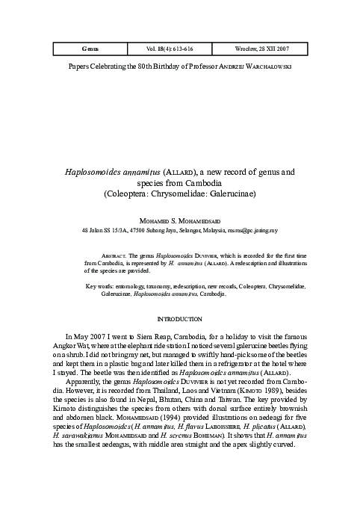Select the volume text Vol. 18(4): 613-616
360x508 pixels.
coord(177,49)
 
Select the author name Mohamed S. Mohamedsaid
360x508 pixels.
coord(179,221)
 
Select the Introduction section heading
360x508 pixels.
coord(179,318)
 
